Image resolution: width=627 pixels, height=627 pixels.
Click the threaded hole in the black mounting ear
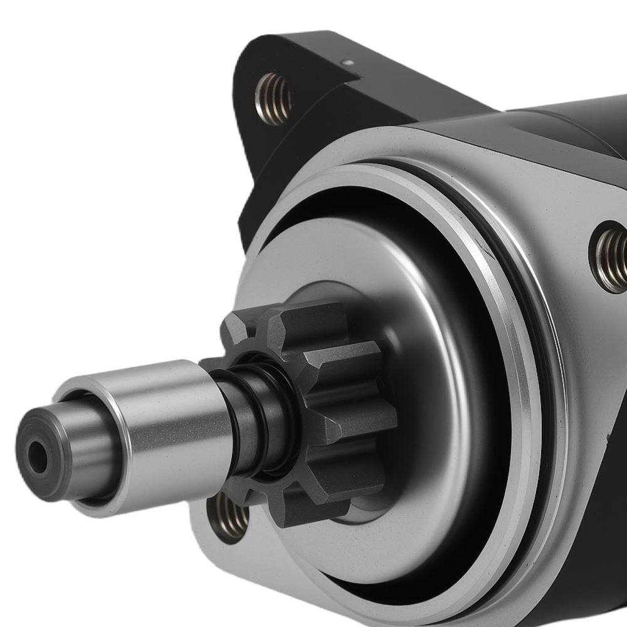tap(273, 98)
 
